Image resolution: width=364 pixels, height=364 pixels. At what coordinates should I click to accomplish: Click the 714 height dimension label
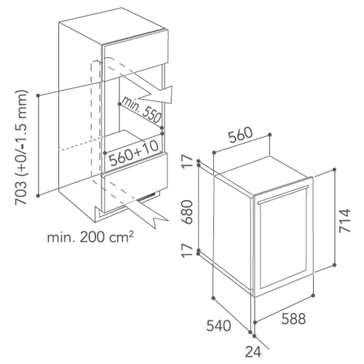point(345,221)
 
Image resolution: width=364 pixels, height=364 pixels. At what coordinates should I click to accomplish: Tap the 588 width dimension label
point(293,319)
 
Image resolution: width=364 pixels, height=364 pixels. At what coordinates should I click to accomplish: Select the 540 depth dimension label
point(218,325)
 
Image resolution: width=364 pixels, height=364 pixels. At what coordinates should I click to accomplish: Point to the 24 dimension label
point(253,352)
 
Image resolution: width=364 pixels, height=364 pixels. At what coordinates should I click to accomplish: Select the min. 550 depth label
point(141,110)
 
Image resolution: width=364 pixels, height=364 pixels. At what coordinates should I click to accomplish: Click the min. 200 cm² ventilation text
point(90,238)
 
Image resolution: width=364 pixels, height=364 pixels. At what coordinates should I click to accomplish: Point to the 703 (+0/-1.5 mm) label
point(22,148)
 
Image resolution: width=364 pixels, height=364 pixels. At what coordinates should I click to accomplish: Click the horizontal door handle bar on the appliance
point(283,194)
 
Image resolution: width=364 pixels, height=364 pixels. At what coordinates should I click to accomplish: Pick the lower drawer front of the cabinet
point(135,185)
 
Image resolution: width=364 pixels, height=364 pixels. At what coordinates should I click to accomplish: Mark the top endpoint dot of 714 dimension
point(334,170)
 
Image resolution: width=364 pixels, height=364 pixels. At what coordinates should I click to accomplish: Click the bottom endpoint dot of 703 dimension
point(38,195)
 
